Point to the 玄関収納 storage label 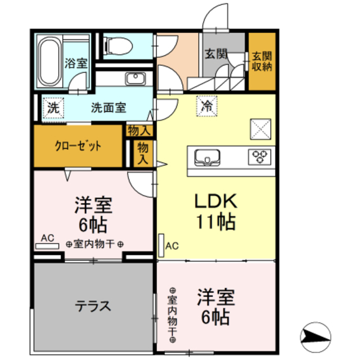click(x=262, y=60)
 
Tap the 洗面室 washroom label click(x=109, y=106)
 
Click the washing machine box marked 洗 click(x=52, y=106)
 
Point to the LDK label click(x=217, y=201)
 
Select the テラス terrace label click(x=93, y=307)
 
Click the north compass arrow click(x=314, y=336)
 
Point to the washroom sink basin click(x=136, y=79)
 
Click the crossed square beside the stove click(x=260, y=128)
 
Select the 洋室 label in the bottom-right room click(x=216, y=297)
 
